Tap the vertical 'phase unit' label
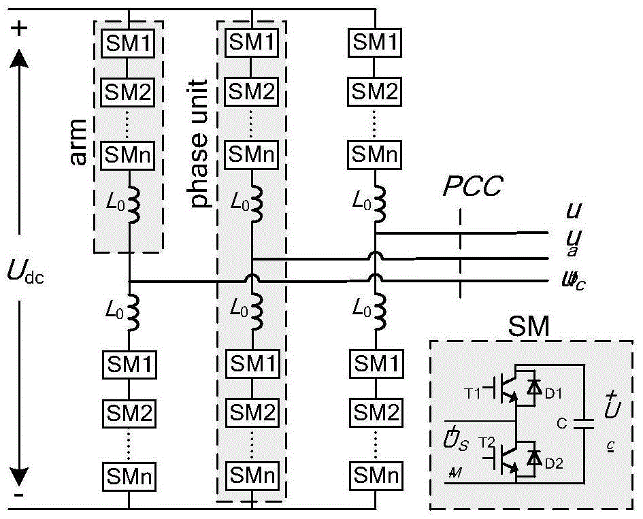click(199, 144)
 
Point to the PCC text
click(472, 187)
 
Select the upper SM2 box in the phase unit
click(251, 90)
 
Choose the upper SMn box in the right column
click(374, 155)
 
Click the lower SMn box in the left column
click(128, 473)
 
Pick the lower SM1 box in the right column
click(374, 363)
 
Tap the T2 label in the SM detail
click(484, 442)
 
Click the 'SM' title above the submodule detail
click(529, 328)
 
